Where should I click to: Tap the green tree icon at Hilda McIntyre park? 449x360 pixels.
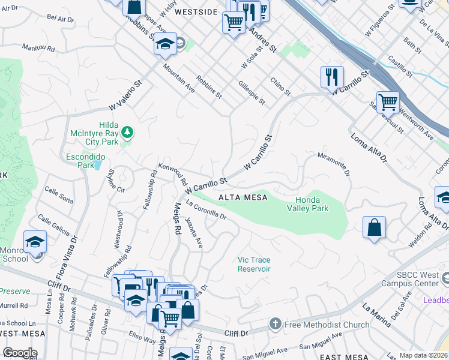coord(127,132)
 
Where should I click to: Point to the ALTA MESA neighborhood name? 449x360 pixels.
coord(241,197)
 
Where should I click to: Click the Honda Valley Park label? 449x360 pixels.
coord(320,204)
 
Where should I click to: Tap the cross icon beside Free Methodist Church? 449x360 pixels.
coord(276,324)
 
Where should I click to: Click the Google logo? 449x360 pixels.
coord(19,353)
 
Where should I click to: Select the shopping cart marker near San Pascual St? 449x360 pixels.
coord(388,103)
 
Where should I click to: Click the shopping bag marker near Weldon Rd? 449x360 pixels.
coord(374,228)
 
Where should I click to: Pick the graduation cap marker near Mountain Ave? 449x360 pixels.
coord(164,44)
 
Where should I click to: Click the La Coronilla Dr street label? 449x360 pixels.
coord(205,210)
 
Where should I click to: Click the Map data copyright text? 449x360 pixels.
coord(423,355)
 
